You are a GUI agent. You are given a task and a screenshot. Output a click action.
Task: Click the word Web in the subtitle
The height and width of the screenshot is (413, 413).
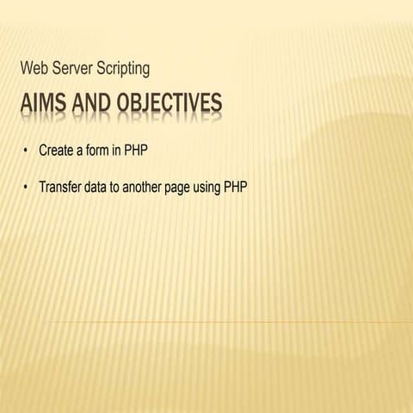pyautogui.click(x=38, y=68)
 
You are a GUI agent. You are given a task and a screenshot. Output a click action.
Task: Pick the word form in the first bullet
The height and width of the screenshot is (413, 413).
pyautogui.click(x=101, y=151)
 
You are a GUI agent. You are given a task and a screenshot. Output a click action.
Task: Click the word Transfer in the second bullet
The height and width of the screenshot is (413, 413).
pyautogui.click(x=60, y=186)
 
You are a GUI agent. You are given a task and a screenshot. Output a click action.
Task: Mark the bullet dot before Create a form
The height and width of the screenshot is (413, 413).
pyautogui.click(x=27, y=151)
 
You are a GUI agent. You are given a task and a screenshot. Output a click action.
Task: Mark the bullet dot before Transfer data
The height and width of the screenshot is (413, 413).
pyautogui.click(x=27, y=186)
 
